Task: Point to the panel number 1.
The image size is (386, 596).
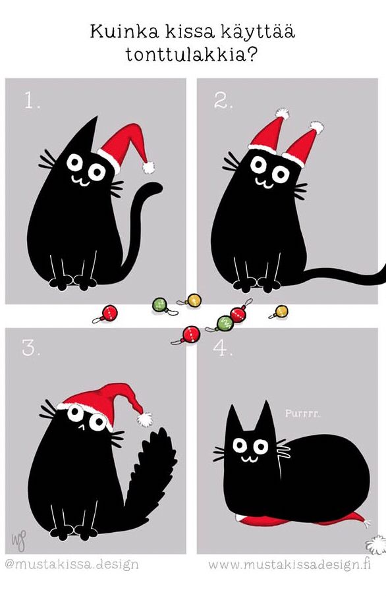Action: (x=32, y=101)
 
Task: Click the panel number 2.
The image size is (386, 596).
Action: (x=223, y=101)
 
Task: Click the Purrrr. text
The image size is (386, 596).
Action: (x=303, y=413)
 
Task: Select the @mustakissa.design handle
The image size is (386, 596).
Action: (x=72, y=564)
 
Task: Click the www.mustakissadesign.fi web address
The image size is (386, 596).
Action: (x=289, y=564)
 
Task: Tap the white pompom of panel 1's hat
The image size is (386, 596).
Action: (x=148, y=167)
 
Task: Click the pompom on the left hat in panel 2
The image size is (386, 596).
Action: (x=282, y=113)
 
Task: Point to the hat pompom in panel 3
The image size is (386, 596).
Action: (x=144, y=420)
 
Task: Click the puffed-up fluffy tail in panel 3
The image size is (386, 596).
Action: (x=150, y=475)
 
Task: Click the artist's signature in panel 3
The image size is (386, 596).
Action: (x=18, y=540)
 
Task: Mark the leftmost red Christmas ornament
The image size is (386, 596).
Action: (x=107, y=314)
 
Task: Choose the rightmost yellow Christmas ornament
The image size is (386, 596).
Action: (x=279, y=312)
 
